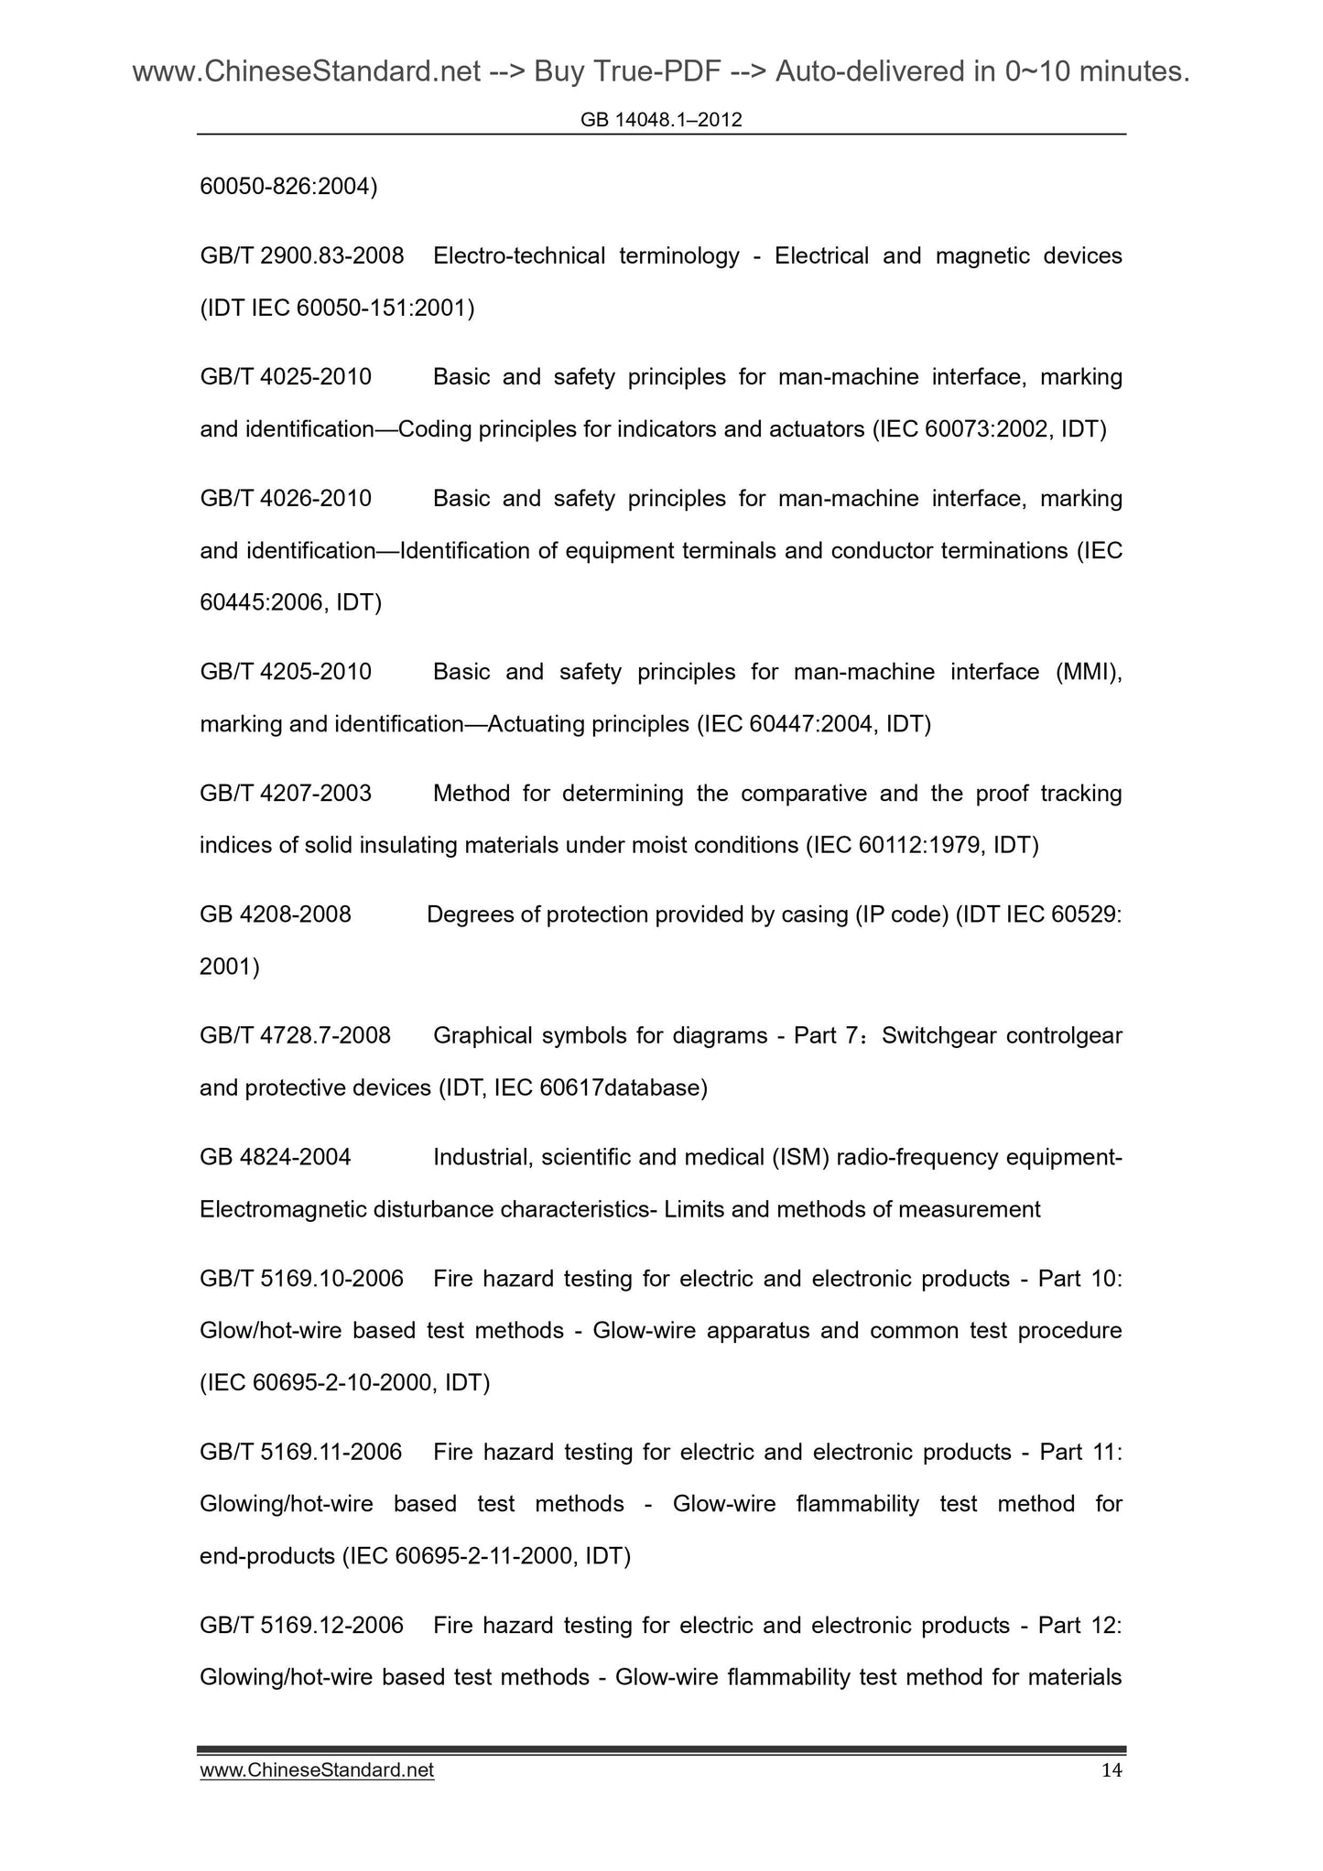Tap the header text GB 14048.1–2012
[661, 120]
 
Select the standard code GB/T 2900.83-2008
[302, 256]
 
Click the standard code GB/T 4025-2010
[286, 377]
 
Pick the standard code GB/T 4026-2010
[286, 499]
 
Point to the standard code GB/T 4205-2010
[286, 673]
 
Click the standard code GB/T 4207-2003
[286, 794]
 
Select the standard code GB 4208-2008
[276, 914]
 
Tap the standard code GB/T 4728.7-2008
[295, 1036]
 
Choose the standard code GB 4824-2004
[276, 1158]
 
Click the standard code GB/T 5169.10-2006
[301, 1279]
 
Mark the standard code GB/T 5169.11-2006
[301, 1453]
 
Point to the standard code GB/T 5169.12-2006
[301, 1626]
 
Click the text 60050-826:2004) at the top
[288, 187]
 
